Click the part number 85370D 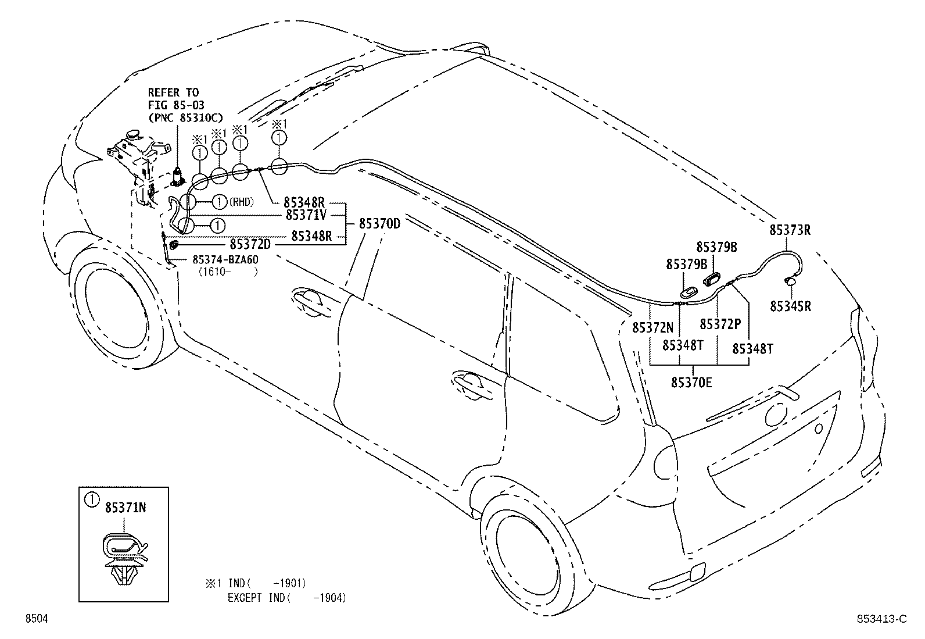379,223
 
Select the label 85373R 790,230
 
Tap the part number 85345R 790,306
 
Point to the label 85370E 691,382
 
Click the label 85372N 652,327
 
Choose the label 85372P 720,324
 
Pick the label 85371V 306,215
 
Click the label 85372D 250,242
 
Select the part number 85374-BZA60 225,259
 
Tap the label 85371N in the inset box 125,508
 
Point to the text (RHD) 242,202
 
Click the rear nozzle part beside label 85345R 791,281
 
